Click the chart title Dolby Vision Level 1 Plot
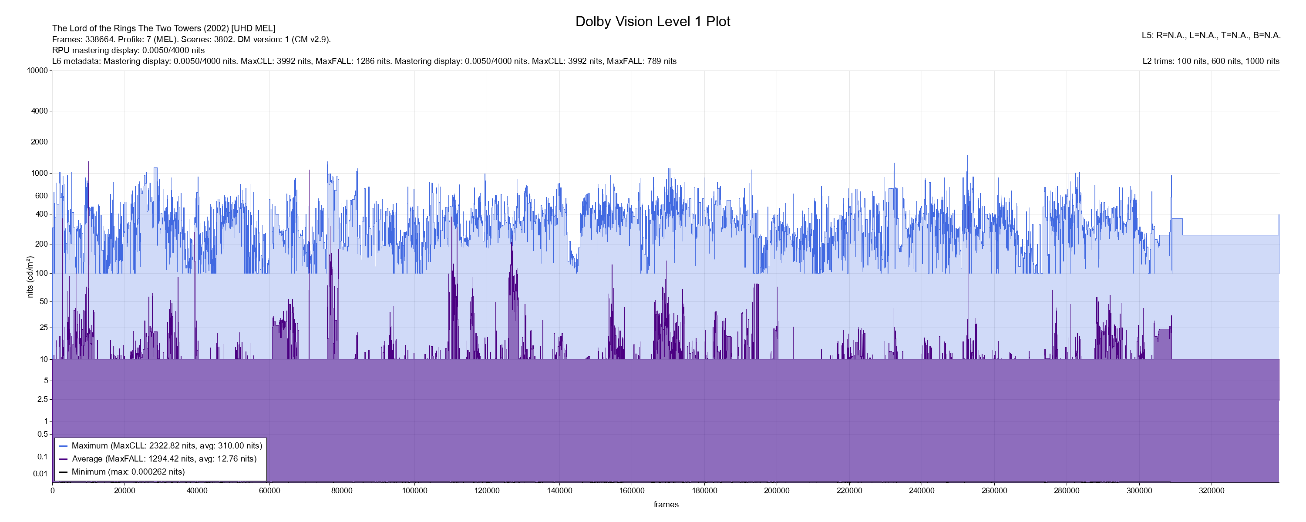[653, 22]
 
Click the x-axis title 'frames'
[666, 504]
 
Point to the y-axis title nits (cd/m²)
[30, 277]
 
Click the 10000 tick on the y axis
[37, 70]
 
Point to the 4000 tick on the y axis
[40, 111]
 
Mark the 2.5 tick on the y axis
[43, 399]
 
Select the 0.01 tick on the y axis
[40, 474]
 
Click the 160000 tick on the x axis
[632, 491]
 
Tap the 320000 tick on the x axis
[1211, 491]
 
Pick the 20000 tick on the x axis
[125, 491]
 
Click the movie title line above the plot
[164, 28]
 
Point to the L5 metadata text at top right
[1211, 36]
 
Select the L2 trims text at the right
[1211, 61]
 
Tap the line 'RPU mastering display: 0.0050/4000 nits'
[128, 50]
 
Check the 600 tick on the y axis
[41, 196]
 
